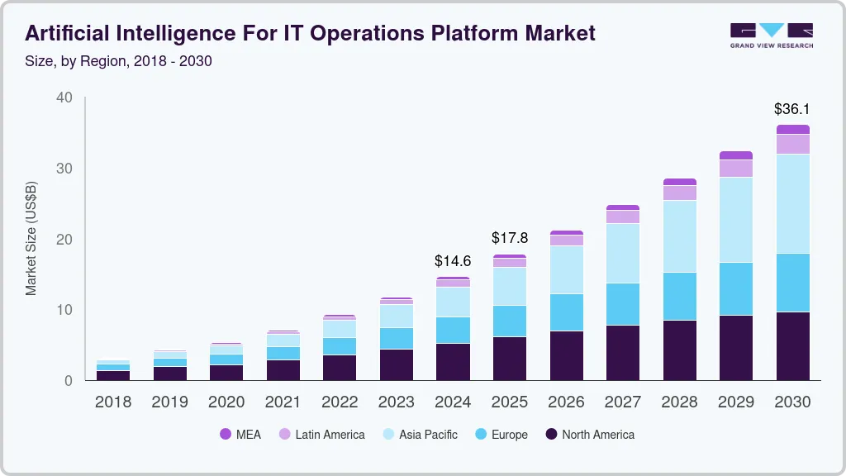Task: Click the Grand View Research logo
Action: (771, 35)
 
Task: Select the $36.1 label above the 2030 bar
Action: (791, 109)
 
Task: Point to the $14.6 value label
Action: (453, 261)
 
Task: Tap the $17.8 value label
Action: (509, 239)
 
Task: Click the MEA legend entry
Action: (240, 434)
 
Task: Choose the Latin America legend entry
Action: (321, 434)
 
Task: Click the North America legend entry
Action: (589, 434)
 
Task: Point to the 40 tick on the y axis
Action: (64, 98)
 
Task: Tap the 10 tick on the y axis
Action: (64, 310)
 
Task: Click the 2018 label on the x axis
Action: (113, 402)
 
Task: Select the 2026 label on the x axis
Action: (566, 402)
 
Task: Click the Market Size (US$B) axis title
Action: (31, 238)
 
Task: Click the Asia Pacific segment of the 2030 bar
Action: (792, 203)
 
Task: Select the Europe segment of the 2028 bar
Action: (679, 296)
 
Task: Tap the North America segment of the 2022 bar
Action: (340, 367)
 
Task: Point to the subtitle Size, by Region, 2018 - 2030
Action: (118, 61)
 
